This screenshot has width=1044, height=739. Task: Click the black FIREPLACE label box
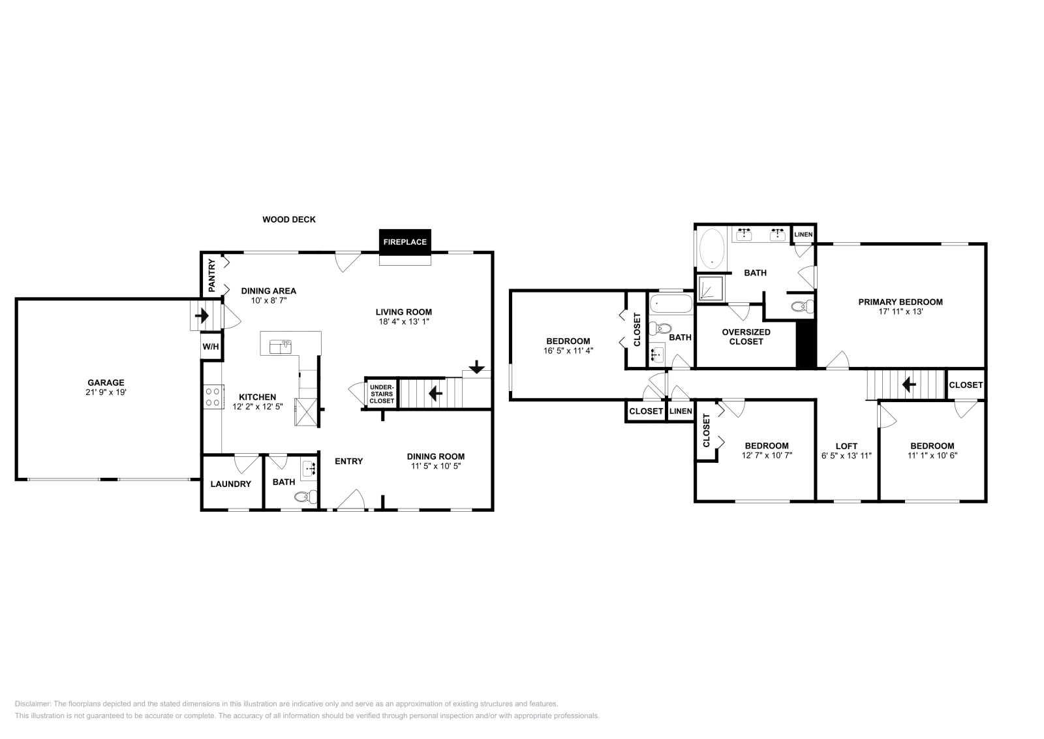[x=405, y=242]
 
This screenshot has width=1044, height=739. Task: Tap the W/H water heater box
[x=210, y=347]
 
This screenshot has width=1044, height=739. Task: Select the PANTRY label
[x=211, y=275]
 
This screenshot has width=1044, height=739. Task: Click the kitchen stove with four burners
[x=213, y=396]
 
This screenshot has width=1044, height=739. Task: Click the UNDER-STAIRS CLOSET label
[x=382, y=394]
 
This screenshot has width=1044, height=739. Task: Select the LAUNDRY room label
[x=230, y=484]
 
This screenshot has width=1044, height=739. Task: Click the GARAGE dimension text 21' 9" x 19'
[x=106, y=393]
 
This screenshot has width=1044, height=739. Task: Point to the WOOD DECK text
[x=289, y=219]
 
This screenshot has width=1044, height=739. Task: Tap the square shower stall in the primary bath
[x=711, y=289]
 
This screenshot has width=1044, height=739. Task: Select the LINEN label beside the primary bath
[x=803, y=234]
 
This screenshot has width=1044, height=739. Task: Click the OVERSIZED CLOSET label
[x=746, y=337]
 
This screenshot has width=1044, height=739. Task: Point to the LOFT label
[x=846, y=447]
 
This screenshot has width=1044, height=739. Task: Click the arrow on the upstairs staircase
[x=908, y=385]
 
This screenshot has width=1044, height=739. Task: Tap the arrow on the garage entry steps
[x=202, y=317]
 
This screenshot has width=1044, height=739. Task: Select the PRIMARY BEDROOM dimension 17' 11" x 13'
[x=900, y=311]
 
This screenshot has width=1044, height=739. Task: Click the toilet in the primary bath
[x=801, y=306]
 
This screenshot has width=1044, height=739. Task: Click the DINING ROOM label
[x=435, y=456]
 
